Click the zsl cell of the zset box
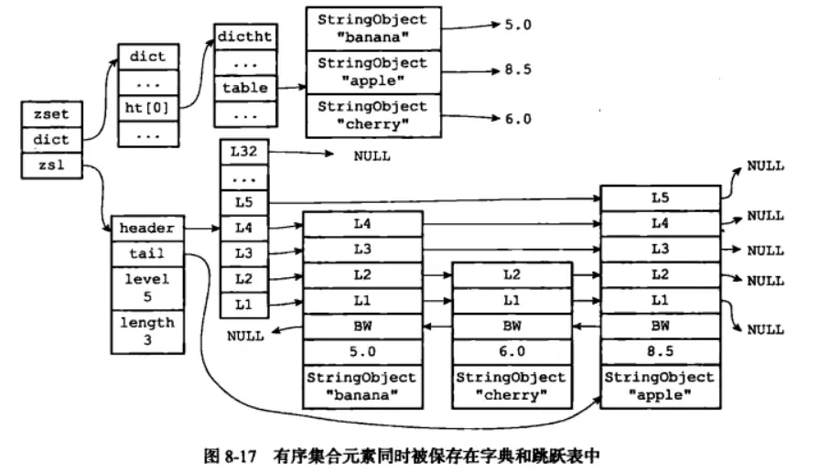[52, 166]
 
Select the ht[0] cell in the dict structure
[148, 109]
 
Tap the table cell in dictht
[245, 88]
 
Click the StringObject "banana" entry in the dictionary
[373, 28]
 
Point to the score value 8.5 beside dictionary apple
[518, 70]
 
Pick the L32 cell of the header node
[244, 152]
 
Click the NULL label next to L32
[372, 156]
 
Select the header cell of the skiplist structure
[147, 228]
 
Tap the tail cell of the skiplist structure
[147, 253]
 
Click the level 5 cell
[147, 288]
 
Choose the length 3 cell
[147, 331]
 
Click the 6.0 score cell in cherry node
[512, 352]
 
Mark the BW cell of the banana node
[362, 327]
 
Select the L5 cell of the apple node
[660, 198]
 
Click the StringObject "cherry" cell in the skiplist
[512, 386]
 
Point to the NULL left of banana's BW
[245, 337]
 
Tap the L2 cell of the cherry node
[512, 275]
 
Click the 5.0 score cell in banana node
[362, 352]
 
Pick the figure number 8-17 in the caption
[241, 456]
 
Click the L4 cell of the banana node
[362, 224]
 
